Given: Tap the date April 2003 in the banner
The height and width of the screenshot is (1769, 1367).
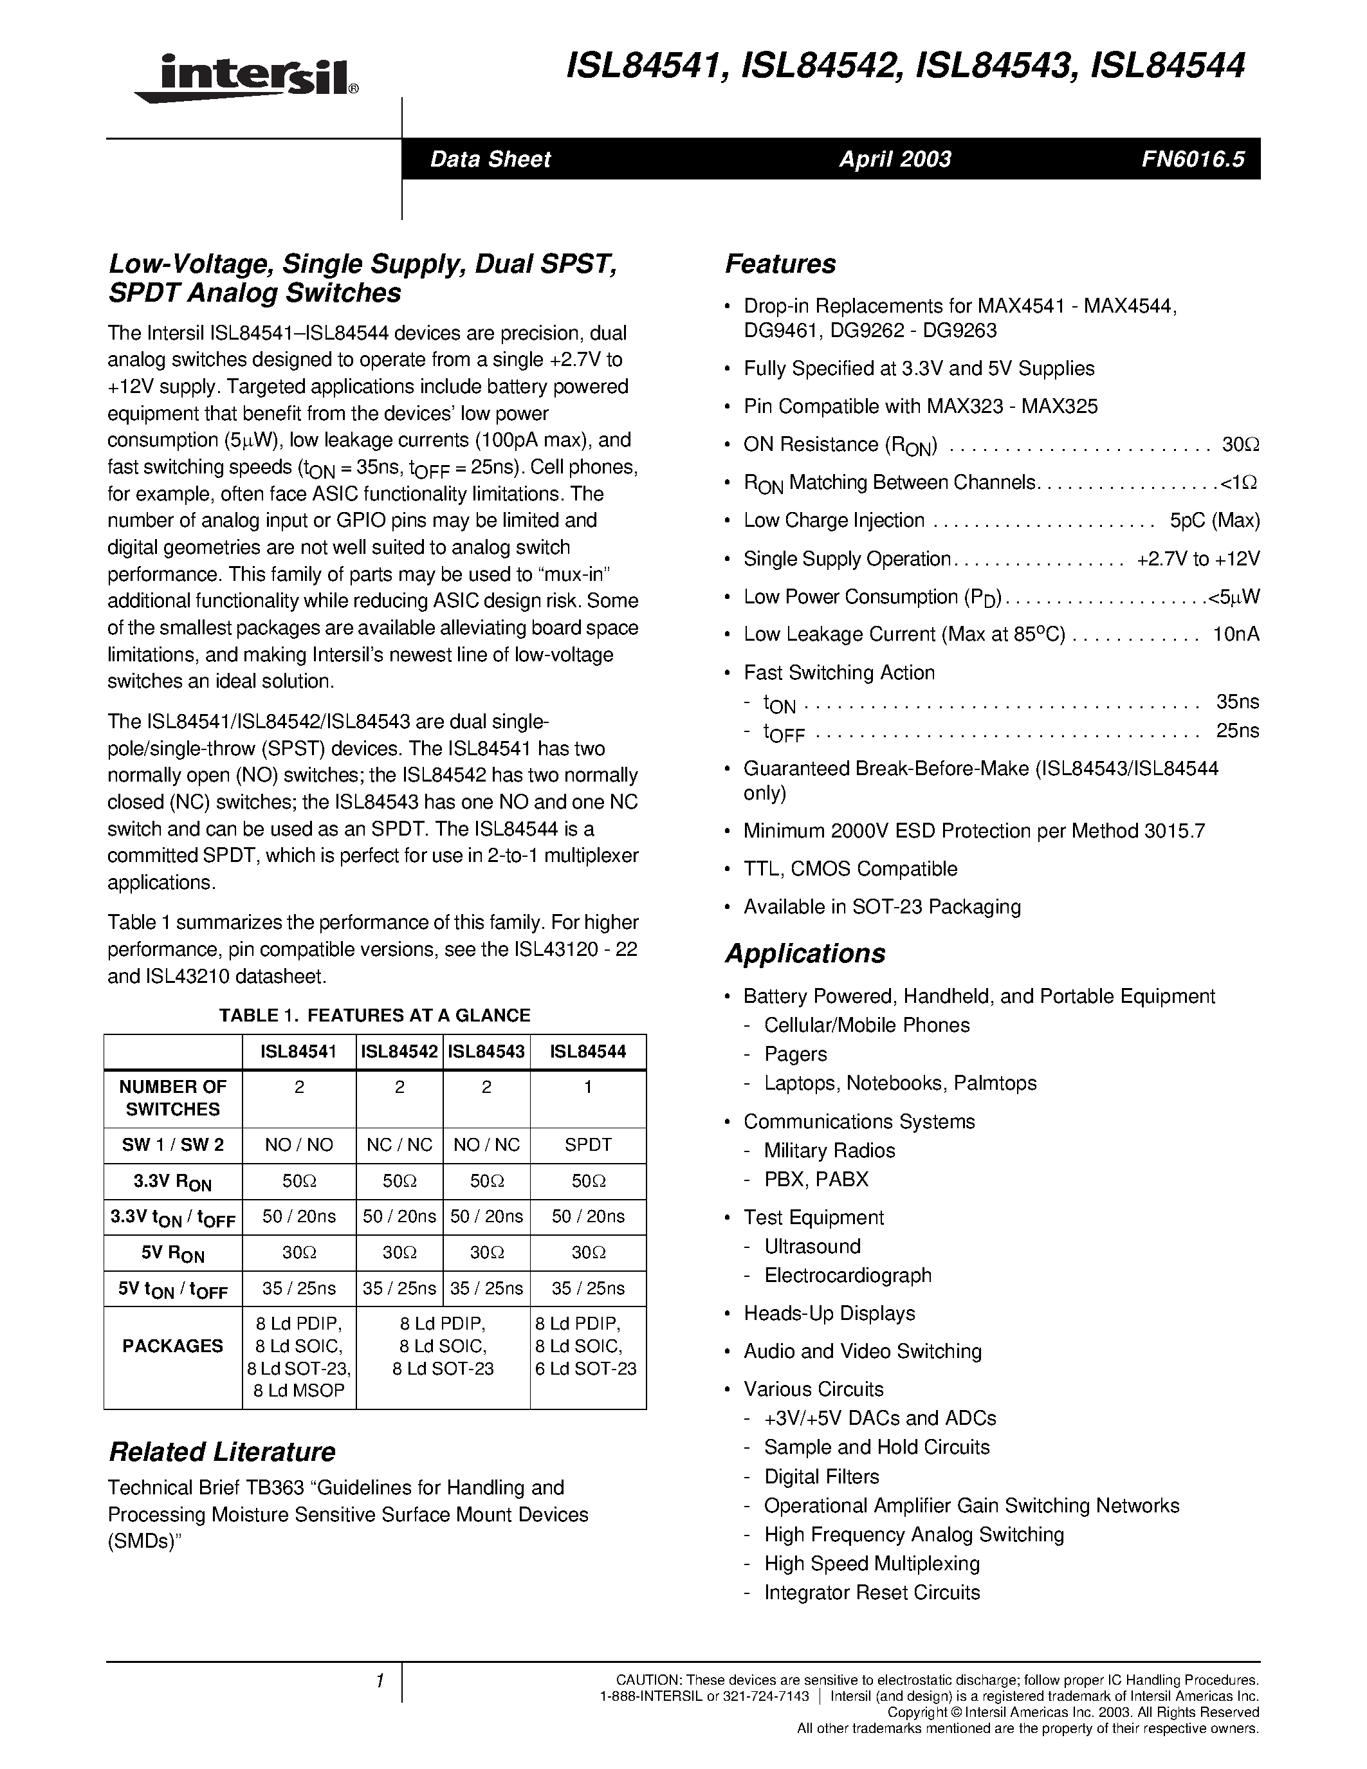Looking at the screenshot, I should tap(895, 160).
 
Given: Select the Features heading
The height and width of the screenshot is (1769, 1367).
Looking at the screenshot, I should tap(780, 264).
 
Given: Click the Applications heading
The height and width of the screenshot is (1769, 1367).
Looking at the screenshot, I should tap(805, 953).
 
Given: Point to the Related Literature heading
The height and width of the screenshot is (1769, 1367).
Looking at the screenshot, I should tap(222, 1451).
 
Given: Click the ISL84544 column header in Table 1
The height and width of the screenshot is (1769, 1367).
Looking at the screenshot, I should tap(588, 1052).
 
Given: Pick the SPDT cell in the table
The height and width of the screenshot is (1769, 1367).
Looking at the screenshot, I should tap(588, 1145).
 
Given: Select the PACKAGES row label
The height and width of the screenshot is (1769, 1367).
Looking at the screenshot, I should tap(172, 1346).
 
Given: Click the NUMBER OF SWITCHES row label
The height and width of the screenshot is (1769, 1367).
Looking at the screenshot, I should tap(172, 1098).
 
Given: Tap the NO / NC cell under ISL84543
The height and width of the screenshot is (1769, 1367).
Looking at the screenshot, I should tap(487, 1145).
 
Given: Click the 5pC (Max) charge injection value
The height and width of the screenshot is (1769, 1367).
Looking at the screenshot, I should tap(1214, 521).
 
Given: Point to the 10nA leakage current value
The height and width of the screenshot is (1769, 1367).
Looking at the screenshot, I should tap(1236, 635).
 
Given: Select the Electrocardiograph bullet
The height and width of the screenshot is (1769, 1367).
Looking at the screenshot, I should tap(847, 1276).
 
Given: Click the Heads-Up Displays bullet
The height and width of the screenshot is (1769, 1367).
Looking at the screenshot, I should tap(829, 1314).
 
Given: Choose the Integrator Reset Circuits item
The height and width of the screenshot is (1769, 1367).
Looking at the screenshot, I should tap(872, 1593).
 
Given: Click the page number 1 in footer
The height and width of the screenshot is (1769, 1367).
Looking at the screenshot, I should tap(379, 1682).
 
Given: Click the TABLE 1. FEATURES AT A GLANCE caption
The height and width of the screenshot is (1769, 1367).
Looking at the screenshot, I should tap(374, 1016).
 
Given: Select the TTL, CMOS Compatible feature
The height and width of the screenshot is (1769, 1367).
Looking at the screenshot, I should tap(850, 869).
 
